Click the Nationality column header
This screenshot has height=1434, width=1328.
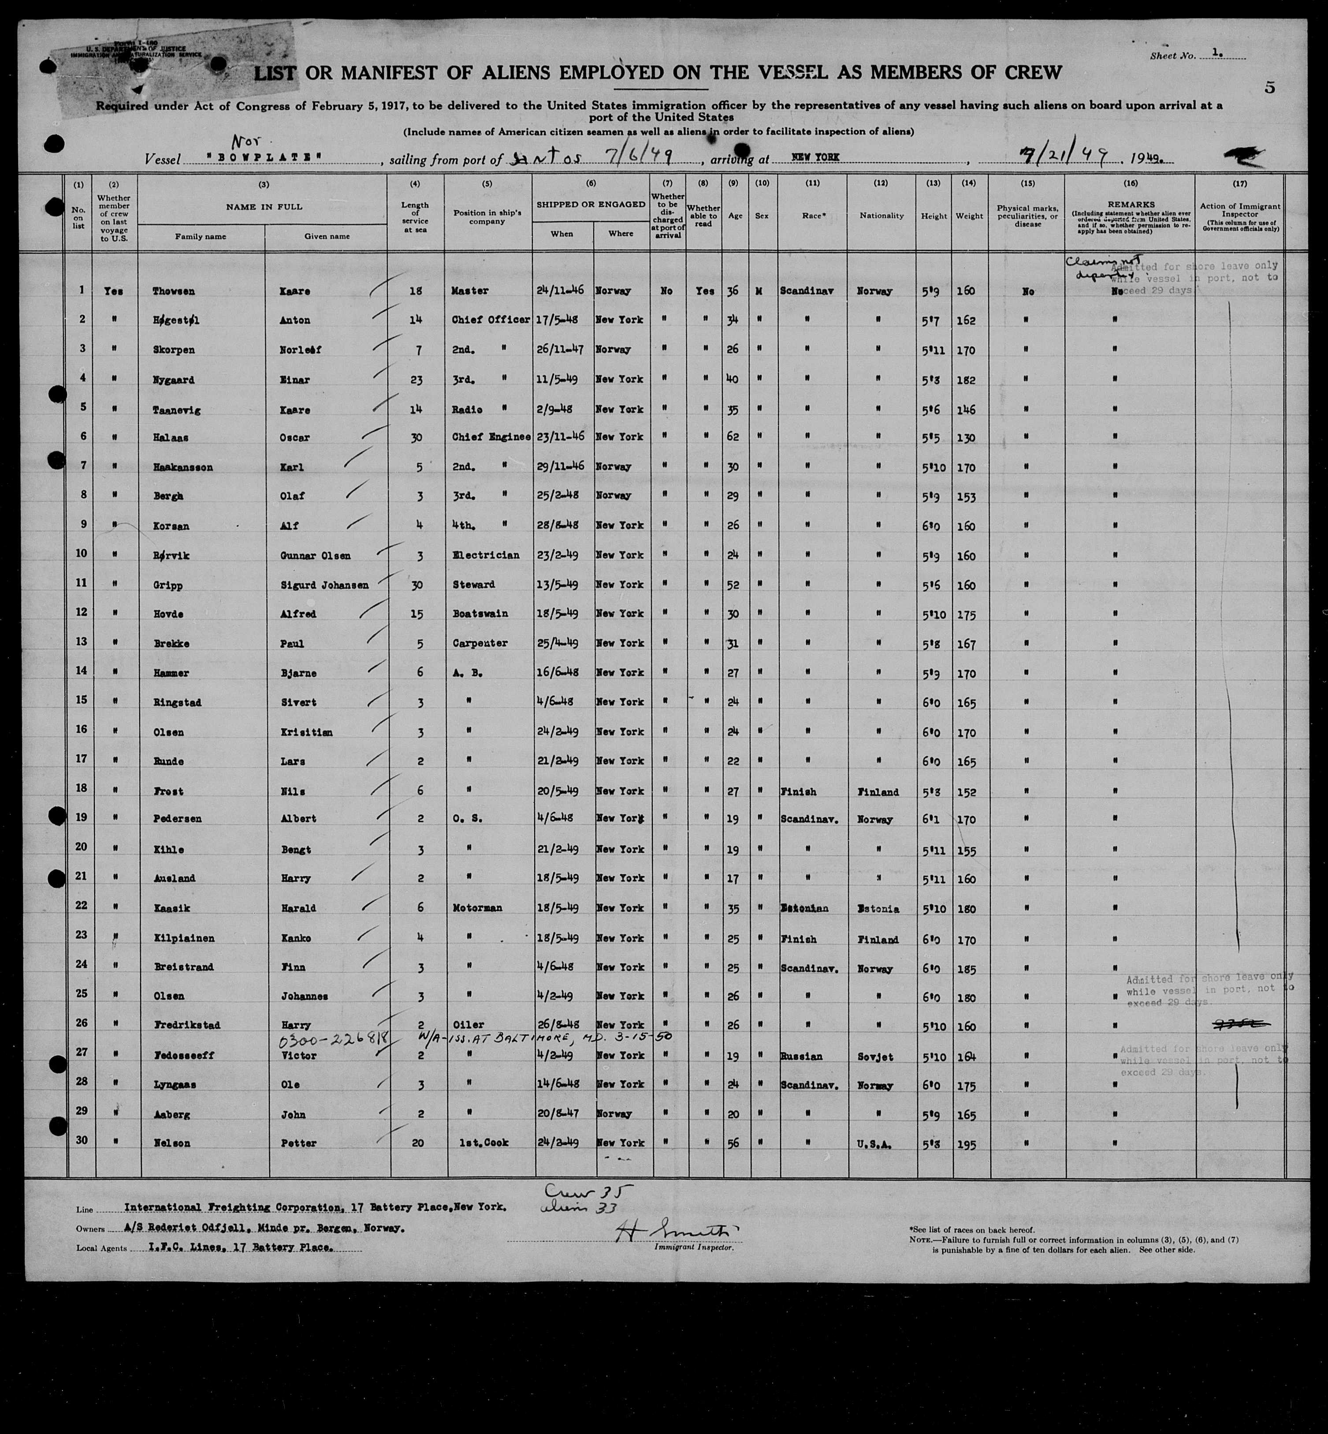pos(881,216)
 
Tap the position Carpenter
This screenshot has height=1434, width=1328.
pos(478,643)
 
